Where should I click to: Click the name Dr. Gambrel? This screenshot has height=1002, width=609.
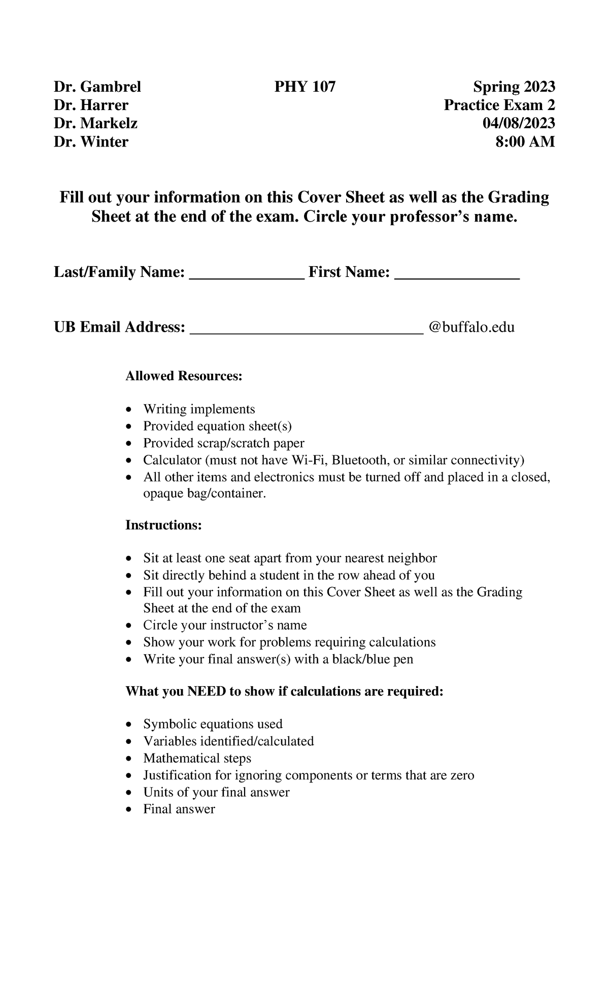click(97, 87)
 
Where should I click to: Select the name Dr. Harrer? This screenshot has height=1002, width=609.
click(91, 105)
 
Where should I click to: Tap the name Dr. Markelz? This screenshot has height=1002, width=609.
click(95, 124)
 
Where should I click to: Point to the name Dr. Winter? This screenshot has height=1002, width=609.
click(91, 142)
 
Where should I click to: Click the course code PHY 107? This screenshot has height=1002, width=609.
click(304, 87)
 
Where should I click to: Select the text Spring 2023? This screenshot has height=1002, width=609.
click(514, 87)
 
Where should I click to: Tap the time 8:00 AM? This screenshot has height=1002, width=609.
click(525, 142)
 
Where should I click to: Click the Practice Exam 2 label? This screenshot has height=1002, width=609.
click(499, 105)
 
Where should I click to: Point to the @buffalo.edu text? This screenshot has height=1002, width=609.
click(471, 327)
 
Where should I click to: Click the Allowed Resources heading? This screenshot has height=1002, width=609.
click(184, 376)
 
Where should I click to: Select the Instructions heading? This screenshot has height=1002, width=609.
click(163, 525)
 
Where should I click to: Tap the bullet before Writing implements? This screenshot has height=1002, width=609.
click(131, 410)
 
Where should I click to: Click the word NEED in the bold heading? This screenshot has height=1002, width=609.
click(207, 692)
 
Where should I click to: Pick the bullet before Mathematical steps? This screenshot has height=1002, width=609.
click(131, 759)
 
